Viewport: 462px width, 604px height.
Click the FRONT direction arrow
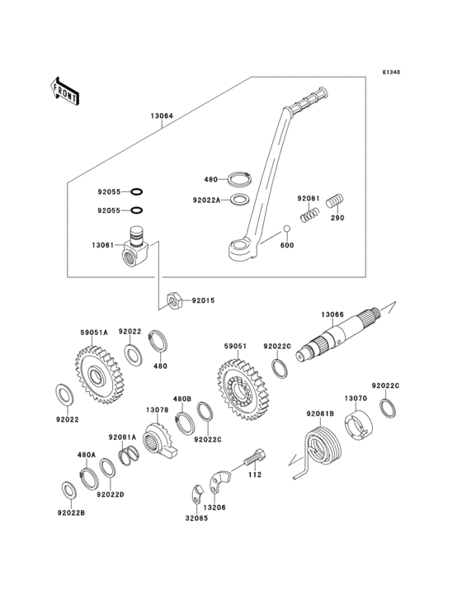(x=64, y=92)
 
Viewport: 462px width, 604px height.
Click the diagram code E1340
(x=391, y=72)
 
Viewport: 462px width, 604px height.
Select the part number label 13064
(x=162, y=116)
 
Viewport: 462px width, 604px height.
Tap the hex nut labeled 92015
(x=174, y=300)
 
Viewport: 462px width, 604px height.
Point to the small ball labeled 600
(x=286, y=229)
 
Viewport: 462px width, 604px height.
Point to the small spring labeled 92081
(x=309, y=215)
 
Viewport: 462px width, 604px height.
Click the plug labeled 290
(x=335, y=201)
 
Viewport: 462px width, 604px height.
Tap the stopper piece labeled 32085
(x=197, y=494)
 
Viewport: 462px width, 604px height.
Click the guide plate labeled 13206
(x=219, y=481)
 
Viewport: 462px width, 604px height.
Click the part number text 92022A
(x=207, y=200)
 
